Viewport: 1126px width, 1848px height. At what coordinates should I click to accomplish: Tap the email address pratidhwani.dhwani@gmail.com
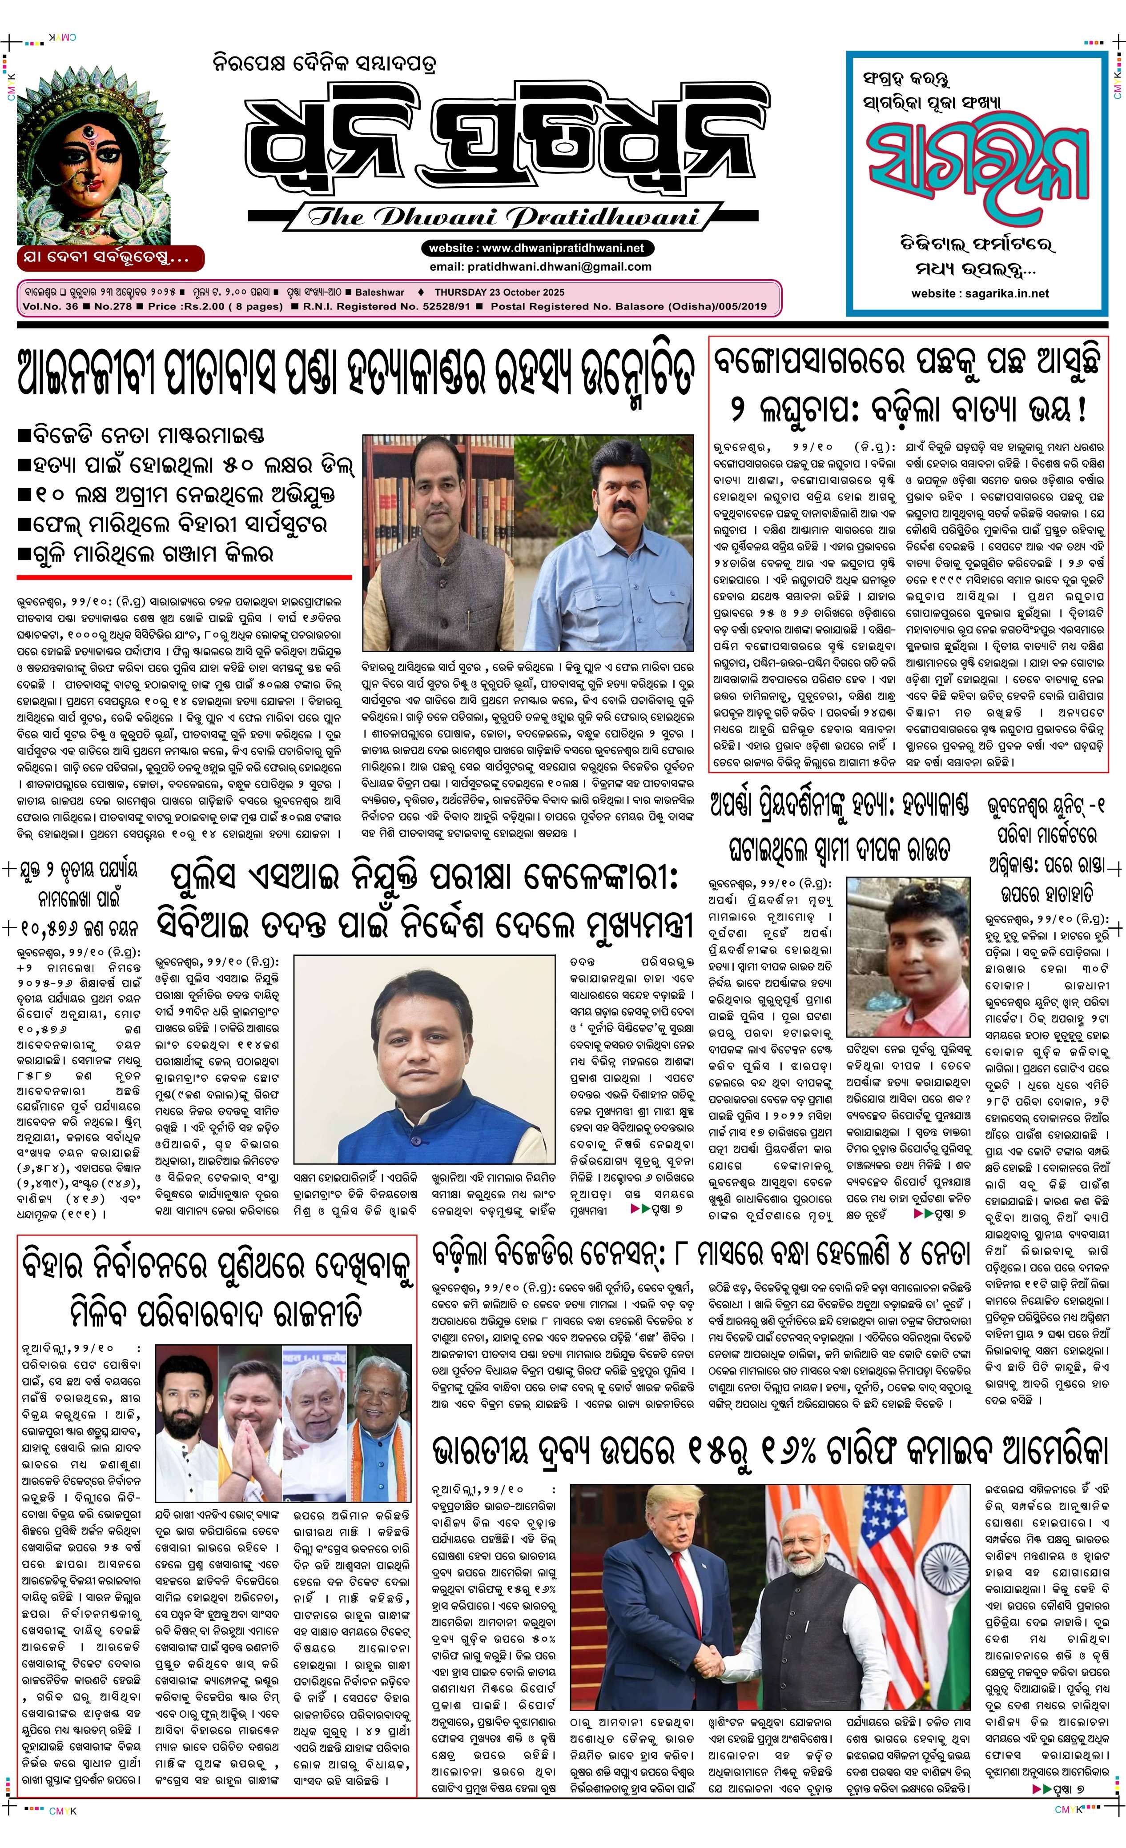(x=540, y=266)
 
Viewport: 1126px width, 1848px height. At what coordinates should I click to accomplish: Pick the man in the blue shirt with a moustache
(x=627, y=540)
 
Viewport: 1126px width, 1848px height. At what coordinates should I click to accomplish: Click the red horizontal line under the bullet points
(x=184, y=577)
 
